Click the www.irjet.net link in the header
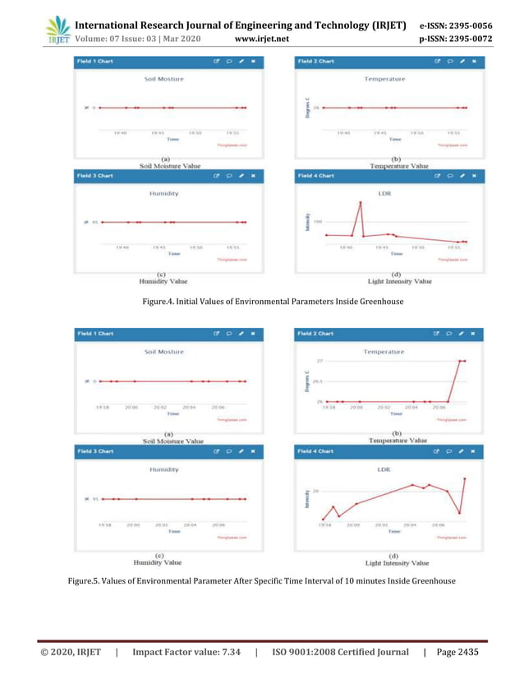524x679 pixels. [260, 38]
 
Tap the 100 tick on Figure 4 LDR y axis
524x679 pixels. [317, 221]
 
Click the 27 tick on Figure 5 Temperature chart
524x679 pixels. [319, 361]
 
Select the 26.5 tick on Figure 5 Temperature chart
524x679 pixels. [317, 381]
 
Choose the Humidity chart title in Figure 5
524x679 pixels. [163, 470]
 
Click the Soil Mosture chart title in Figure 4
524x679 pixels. [163, 79]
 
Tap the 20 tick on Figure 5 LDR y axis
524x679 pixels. [316, 490]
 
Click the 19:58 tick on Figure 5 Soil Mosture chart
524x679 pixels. [104, 407]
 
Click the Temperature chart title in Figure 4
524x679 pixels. [384, 79]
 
